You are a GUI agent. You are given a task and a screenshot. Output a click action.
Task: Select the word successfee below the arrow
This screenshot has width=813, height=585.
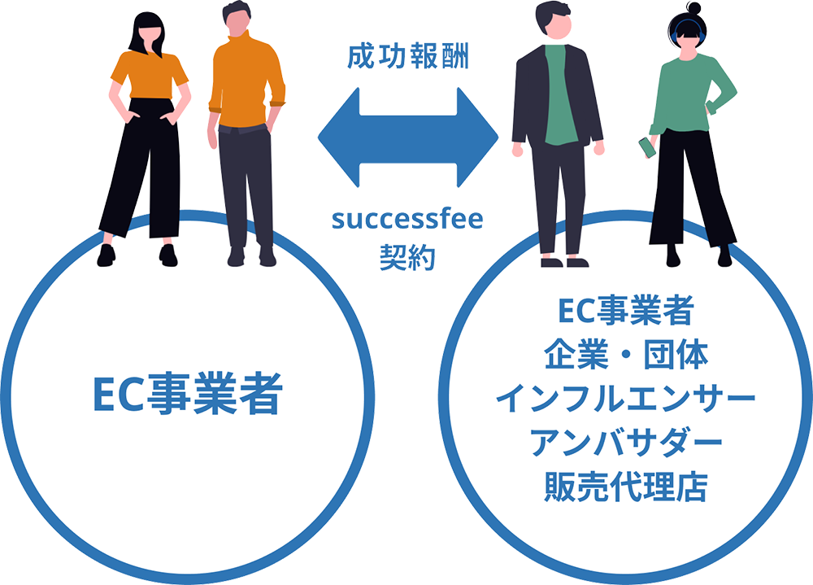tap(406, 220)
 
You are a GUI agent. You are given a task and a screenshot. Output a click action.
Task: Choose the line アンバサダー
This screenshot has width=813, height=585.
tap(625, 443)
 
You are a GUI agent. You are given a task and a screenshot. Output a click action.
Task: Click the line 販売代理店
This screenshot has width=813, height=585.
tap(625, 488)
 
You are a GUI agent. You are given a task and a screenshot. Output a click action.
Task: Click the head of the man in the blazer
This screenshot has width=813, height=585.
tap(554, 20)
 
